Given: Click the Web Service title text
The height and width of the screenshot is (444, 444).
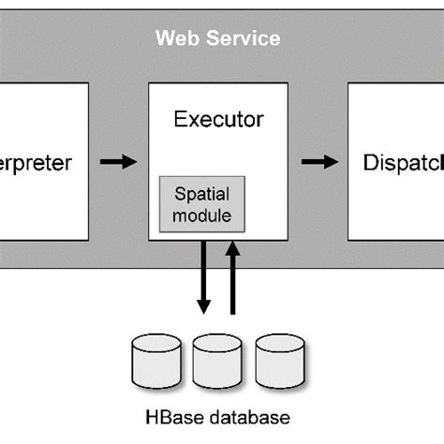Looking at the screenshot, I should click(217, 38).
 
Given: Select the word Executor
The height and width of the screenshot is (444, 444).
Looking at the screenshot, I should click(219, 120).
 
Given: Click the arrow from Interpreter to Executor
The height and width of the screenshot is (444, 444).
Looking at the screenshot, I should click(118, 162).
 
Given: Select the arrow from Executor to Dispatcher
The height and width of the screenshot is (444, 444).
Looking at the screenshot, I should click(319, 162).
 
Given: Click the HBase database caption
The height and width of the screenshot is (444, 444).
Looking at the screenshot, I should click(217, 417).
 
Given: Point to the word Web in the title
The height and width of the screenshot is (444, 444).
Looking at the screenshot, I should click(173, 38).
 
